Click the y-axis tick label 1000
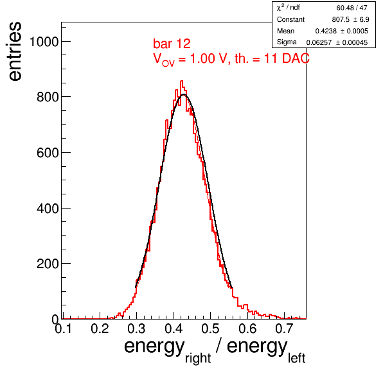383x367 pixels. click(x=44, y=42)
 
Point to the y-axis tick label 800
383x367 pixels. click(x=48, y=97)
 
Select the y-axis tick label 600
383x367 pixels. click(x=48, y=153)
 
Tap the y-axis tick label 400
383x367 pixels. click(x=48, y=209)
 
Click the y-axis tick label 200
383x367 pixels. click(x=48, y=264)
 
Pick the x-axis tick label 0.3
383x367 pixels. click(x=136, y=329)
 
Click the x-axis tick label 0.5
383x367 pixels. click(x=210, y=329)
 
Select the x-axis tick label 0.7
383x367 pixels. click(x=284, y=329)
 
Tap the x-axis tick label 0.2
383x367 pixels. click(x=100, y=329)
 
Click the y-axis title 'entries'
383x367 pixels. click(x=15, y=51)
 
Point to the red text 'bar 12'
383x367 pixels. click(x=172, y=44)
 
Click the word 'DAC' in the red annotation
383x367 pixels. click(x=296, y=58)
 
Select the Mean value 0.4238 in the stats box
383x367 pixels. click(x=326, y=31)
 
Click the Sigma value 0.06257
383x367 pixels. click(x=319, y=42)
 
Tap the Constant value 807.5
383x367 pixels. click(x=341, y=19)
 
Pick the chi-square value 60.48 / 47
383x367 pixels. click(x=352, y=8)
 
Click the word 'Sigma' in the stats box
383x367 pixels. click(x=287, y=42)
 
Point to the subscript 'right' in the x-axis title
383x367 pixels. click(x=198, y=358)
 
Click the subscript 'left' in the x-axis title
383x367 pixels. click(x=296, y=358)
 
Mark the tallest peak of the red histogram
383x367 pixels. click(x=181, y=81)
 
